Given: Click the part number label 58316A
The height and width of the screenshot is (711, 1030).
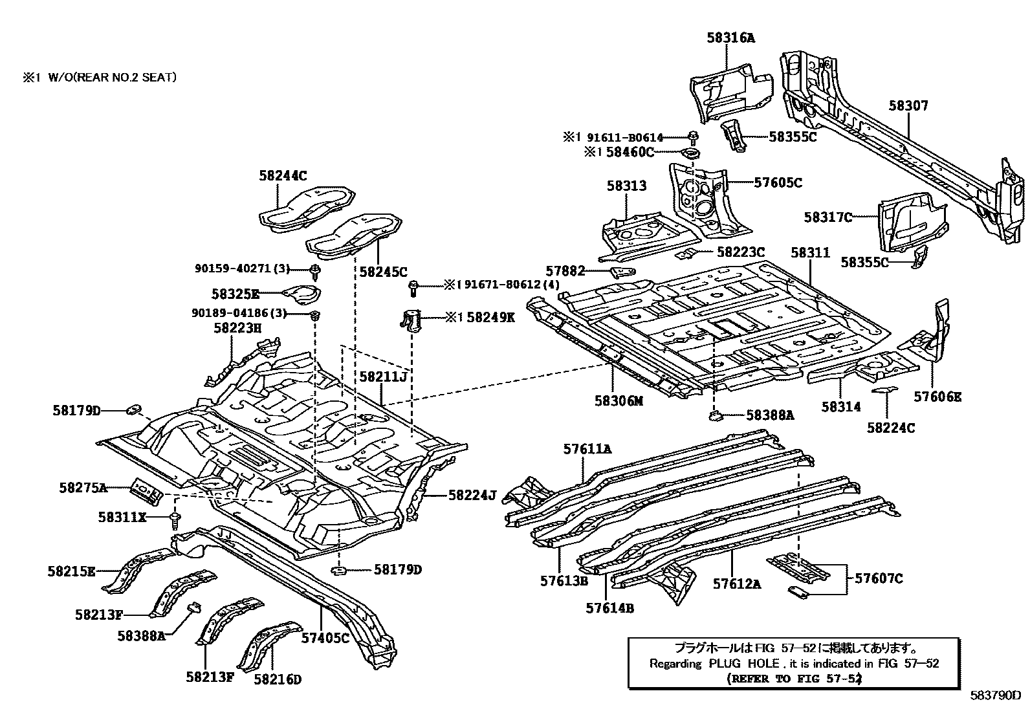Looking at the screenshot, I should tap(730, 38).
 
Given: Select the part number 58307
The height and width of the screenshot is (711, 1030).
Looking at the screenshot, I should tap(908, 105).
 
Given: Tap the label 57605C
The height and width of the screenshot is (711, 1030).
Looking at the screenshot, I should tap(778, 183).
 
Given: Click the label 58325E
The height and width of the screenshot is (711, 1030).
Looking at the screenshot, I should tap(236, 295).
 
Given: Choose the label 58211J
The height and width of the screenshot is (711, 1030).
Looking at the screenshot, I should tap(383, 377).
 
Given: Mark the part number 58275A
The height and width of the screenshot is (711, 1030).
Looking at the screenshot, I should tap(83, 488).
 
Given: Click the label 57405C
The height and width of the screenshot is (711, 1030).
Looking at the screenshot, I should tap(325, 639).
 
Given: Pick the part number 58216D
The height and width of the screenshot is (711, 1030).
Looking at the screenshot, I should tap(278, 679).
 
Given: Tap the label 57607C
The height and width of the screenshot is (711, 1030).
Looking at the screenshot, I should tap(879, 578).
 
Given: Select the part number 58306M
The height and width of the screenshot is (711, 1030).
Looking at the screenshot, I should tap(619, 401).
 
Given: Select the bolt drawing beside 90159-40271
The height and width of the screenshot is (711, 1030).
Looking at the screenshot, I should tap(315, 270).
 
